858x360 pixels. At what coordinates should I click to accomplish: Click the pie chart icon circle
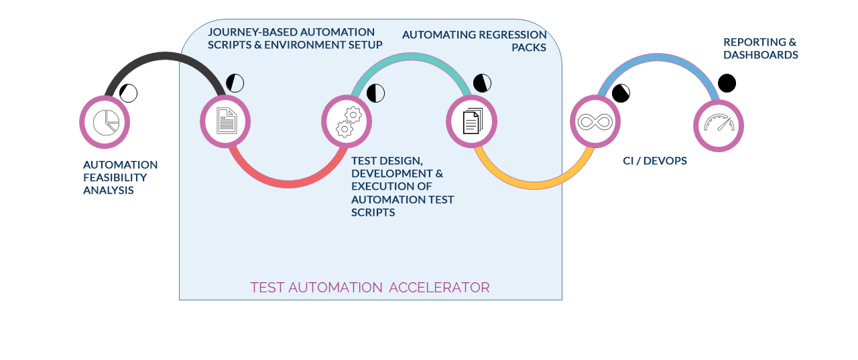[105, 122]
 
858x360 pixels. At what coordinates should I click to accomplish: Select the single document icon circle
[225, 122]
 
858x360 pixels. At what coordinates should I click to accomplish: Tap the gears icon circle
[347, 121]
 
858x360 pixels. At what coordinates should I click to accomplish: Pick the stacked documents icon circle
[472, 122]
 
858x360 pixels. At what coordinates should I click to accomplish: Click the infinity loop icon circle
[595, 122]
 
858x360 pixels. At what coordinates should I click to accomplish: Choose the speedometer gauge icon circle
[719, 125]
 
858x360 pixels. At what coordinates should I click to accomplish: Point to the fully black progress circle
[727, 83]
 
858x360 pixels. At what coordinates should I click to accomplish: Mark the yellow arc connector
[534, 184]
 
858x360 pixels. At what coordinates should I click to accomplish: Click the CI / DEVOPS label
[655, 161]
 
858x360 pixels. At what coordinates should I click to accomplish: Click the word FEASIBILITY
[115, 178]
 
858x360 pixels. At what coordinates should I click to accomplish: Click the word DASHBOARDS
[760, 55]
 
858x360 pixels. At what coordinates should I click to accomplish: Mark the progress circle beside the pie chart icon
[129, 93]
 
